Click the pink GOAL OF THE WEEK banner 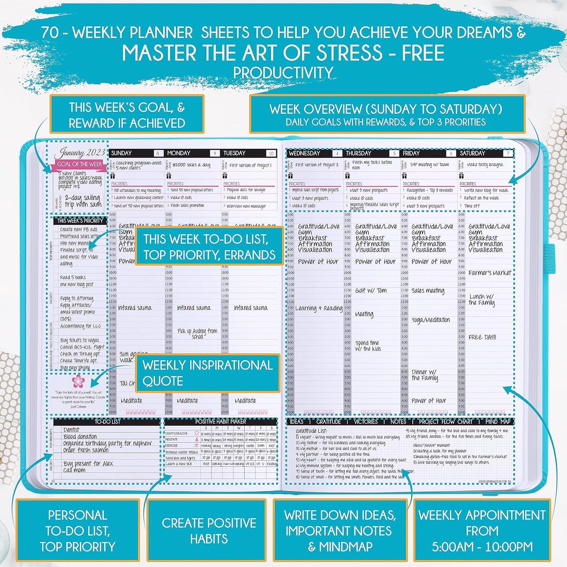pyautogui.click(x=79, y=164)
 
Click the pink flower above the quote pyautogui.click(x=78, y=381)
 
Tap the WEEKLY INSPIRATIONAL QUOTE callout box pyautogui.click(x=208, y=373)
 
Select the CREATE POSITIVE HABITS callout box pyautogui.click(x=209, y=531)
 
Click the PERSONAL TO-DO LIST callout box pyautogui.click(x=78, y=531)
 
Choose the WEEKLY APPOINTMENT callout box pyautogui.click(x=482, y=531)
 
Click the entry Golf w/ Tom pyautogui.click(x=371, y=291)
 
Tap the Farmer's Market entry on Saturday pyautogui.click(x=490, y=273)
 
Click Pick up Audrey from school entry pyautogui.click(x=197, y=333)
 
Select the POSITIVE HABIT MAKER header pyautogui.click(x=221, y=421)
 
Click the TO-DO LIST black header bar pyautogui.click(x=107, y=422)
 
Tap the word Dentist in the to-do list pyautogui.click(x=71, y=430)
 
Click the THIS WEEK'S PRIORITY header pyautogui.click(x=80, y=221)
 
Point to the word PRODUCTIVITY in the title pyautogui.click(x=283, y=73)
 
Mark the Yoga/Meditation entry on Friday pyautogui.click(x=430, y=320)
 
